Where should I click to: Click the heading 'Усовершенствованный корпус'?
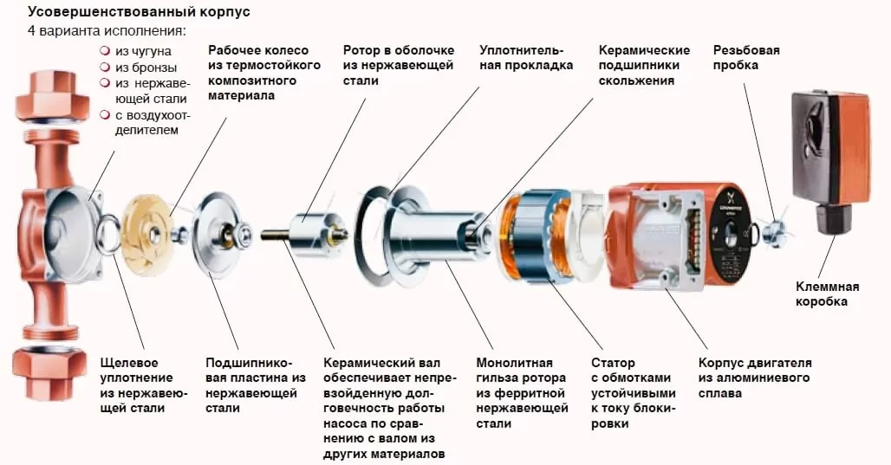click(140, 12)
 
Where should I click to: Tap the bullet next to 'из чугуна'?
click(105, 50)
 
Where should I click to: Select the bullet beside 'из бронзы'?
click(105, 67)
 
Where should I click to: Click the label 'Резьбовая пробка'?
click(746, 57)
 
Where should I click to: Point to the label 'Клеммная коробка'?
click(827, 294)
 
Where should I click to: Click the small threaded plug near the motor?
click(774, 232)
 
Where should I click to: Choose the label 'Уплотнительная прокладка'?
click(526, 57)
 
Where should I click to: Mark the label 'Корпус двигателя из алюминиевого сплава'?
click(755, 378)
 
